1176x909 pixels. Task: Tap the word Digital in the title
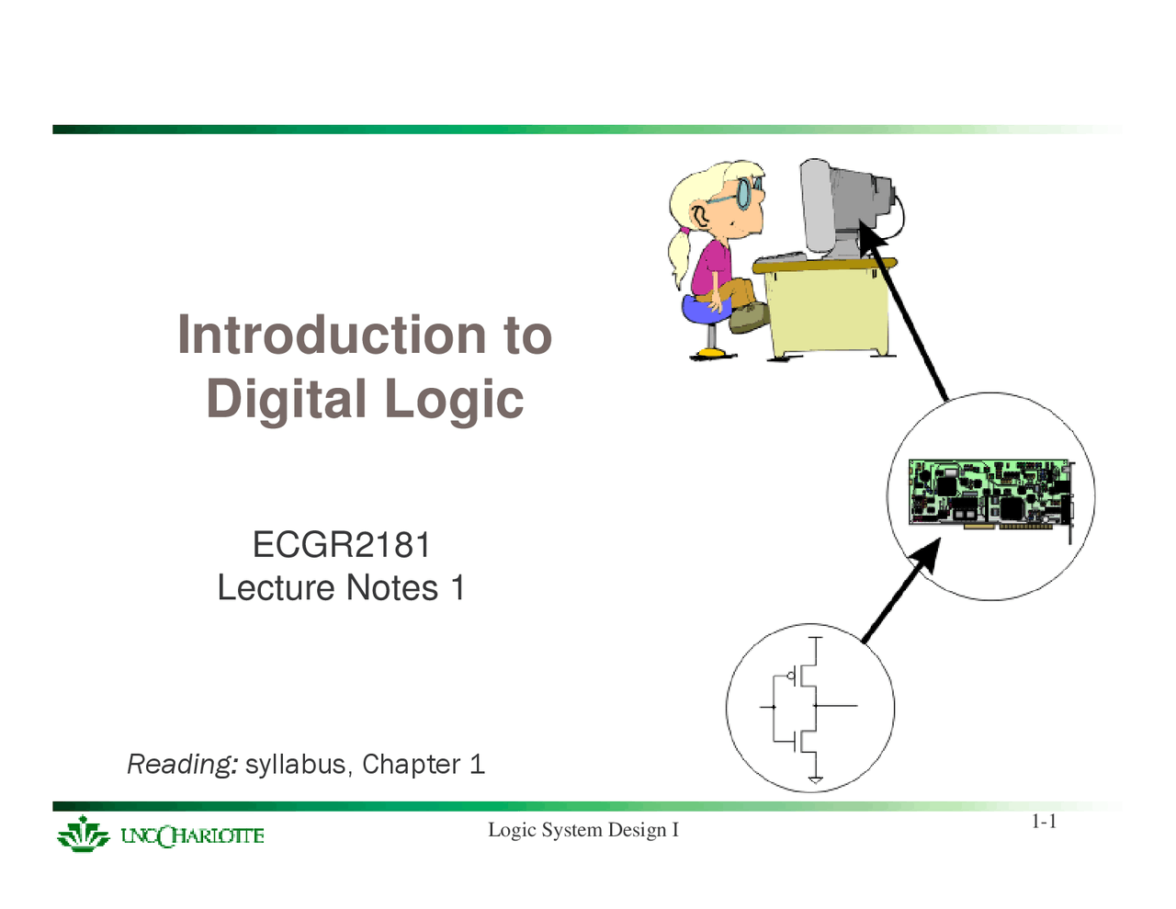coord(287,399)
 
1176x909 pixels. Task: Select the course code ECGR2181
coord(342,544)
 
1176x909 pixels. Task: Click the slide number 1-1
coord(1044,822)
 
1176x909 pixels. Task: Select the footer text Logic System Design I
coord(582,830)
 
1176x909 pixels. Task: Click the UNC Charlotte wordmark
coord(192,835)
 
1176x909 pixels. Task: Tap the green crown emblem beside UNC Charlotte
coord(83,835)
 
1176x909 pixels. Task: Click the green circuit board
coord(991,494)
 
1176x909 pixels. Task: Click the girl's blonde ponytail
coord(680,255)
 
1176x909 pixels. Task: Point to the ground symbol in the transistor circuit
coord(816,779)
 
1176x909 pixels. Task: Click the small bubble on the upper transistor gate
coord(791,676)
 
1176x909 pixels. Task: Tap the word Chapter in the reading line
coord(412,765)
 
